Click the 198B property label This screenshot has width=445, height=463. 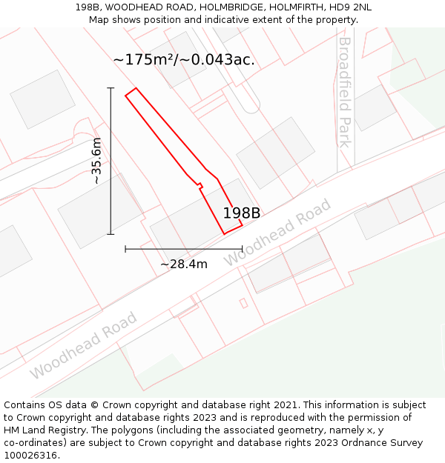[x=242, y=213]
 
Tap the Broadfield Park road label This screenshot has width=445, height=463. [x=344, y=92]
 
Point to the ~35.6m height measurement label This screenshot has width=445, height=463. [x=96, y=161]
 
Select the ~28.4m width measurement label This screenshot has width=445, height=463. [x=184, y=264]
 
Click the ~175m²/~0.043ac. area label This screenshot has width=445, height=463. [x=184, y=60]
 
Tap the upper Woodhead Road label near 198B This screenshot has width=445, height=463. [x=277, y=233]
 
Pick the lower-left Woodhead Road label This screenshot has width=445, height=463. [x=84, y=346]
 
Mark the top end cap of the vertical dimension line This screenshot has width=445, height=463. [x=111, y=88]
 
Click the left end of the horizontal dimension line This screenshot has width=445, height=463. [x=125, y=249]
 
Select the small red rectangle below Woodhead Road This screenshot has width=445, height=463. [x=243, y=303]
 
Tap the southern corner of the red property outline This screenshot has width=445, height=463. [x=225, y=234]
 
